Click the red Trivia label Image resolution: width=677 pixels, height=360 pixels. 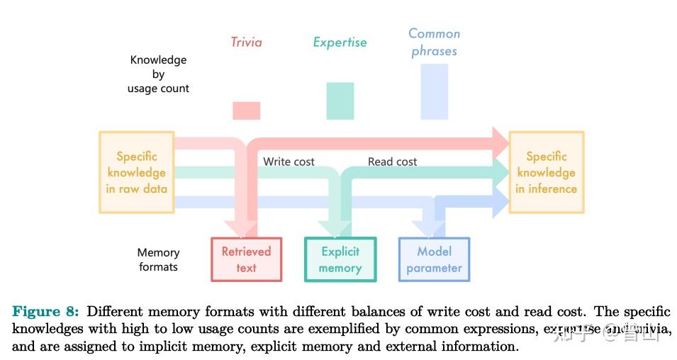coord(246,43)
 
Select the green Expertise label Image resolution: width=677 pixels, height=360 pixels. coord(340,43)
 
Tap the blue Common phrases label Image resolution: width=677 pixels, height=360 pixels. coord(434,43)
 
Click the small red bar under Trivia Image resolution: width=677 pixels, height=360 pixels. coord(246,111)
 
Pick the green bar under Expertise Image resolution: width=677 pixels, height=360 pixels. coord(340,101)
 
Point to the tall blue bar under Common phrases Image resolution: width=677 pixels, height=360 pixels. coord(434,91)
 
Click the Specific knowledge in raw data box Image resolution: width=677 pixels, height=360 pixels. coord(136,172)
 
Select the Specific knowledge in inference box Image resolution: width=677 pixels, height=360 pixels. coord(546,172)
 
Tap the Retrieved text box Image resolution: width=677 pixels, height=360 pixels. coord(246,259)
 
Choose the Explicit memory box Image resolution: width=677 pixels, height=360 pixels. coord(340,259)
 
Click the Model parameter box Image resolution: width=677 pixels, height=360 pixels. coord(434,259)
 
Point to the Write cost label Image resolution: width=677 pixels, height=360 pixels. coord(289,162)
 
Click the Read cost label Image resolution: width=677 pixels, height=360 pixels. coord(392,162)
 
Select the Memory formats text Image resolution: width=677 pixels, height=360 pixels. coord(158,259)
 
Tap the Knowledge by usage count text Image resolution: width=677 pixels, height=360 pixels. coord(158,74)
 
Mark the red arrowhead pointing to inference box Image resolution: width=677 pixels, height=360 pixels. coord(500,141)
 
